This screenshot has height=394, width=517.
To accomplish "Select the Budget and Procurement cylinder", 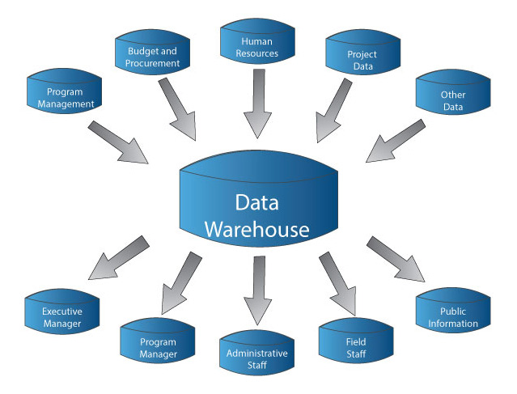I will click(x=151, y=56).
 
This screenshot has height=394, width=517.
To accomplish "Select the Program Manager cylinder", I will click(x=158, y=346).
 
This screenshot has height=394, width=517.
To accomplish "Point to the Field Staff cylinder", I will click(x=356, y=347).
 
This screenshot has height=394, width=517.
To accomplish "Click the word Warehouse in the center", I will click(x=256, y=229).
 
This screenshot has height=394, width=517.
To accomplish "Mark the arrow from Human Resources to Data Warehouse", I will click(x=257, y=102).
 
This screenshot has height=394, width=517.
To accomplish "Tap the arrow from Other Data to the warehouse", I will click(x=396, y=141).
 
